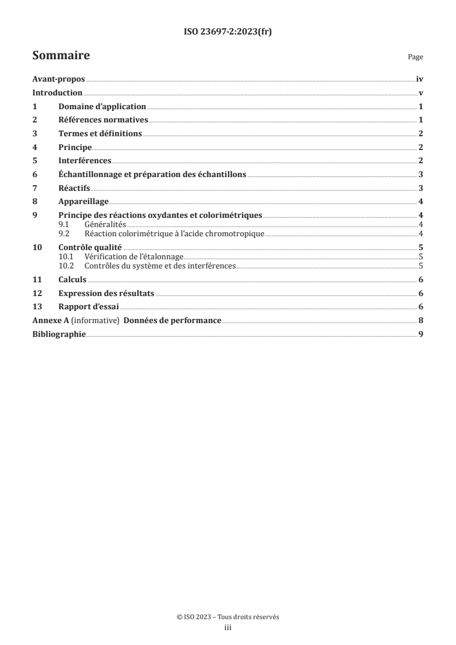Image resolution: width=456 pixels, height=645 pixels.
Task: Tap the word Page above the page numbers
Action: [415, 57]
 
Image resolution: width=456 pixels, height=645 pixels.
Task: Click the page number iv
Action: [420, 80]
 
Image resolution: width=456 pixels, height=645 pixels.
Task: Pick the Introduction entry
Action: [58, 94]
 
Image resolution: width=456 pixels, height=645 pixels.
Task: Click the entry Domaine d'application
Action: [102, 107]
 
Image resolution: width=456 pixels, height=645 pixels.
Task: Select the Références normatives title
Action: [103, 120]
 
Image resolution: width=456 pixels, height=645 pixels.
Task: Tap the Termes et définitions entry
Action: [100, 133]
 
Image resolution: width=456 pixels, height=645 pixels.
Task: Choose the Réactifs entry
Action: [74, 187]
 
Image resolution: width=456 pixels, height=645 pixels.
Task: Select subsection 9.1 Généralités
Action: [92, 224]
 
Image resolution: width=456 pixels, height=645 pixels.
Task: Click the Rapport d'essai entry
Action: [89, 306]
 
